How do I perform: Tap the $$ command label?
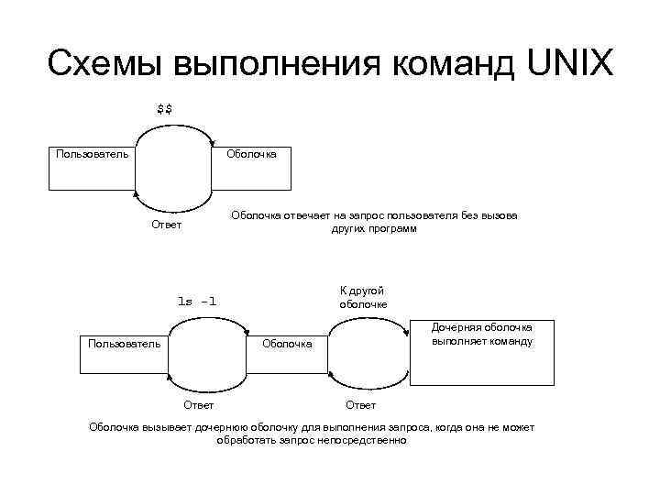click(165, 110)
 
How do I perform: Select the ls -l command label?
click(197, 300)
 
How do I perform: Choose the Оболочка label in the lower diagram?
click(287, 345)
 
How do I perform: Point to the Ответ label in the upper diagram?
click(166, 225)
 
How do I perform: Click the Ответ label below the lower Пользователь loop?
click(199, 404)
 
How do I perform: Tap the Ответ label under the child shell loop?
click(360, 404)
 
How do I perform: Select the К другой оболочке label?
click(363, 297)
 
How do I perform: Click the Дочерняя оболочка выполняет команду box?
click(482, 352)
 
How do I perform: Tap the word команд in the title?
click(447, 63)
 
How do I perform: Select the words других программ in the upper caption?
click(374, 229)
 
